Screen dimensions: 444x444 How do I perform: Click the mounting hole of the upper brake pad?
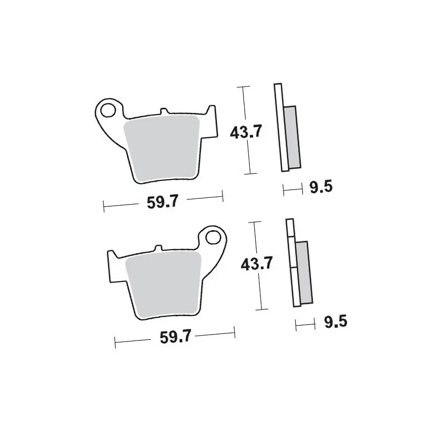(108, 110)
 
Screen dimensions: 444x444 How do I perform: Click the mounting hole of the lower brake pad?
(213, 237)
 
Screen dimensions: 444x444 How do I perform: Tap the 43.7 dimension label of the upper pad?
(246, 132)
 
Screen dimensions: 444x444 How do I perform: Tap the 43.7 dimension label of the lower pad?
(257, 264)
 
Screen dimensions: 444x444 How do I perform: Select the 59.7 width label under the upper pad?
(163, 202)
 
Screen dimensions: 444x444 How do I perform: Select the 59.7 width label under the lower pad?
(176, 337)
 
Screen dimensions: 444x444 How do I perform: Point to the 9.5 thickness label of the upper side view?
(321, 187)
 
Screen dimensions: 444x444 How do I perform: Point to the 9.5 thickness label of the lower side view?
(336, 321)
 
